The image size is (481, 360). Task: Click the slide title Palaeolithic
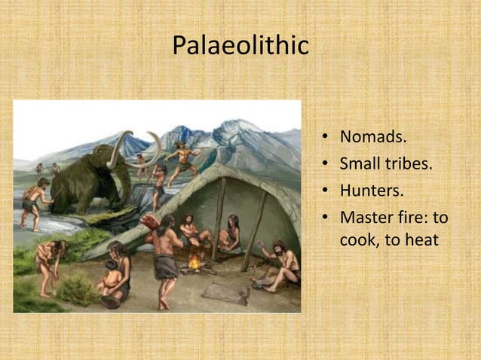(240, 45)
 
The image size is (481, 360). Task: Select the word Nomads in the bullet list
(372, 138)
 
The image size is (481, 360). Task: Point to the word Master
(367, 218)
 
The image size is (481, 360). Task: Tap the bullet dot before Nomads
(323, 139)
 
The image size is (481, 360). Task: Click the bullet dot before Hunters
(323, 191)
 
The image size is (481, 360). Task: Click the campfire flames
(195, 262)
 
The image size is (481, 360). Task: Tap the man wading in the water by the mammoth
(33, 203)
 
